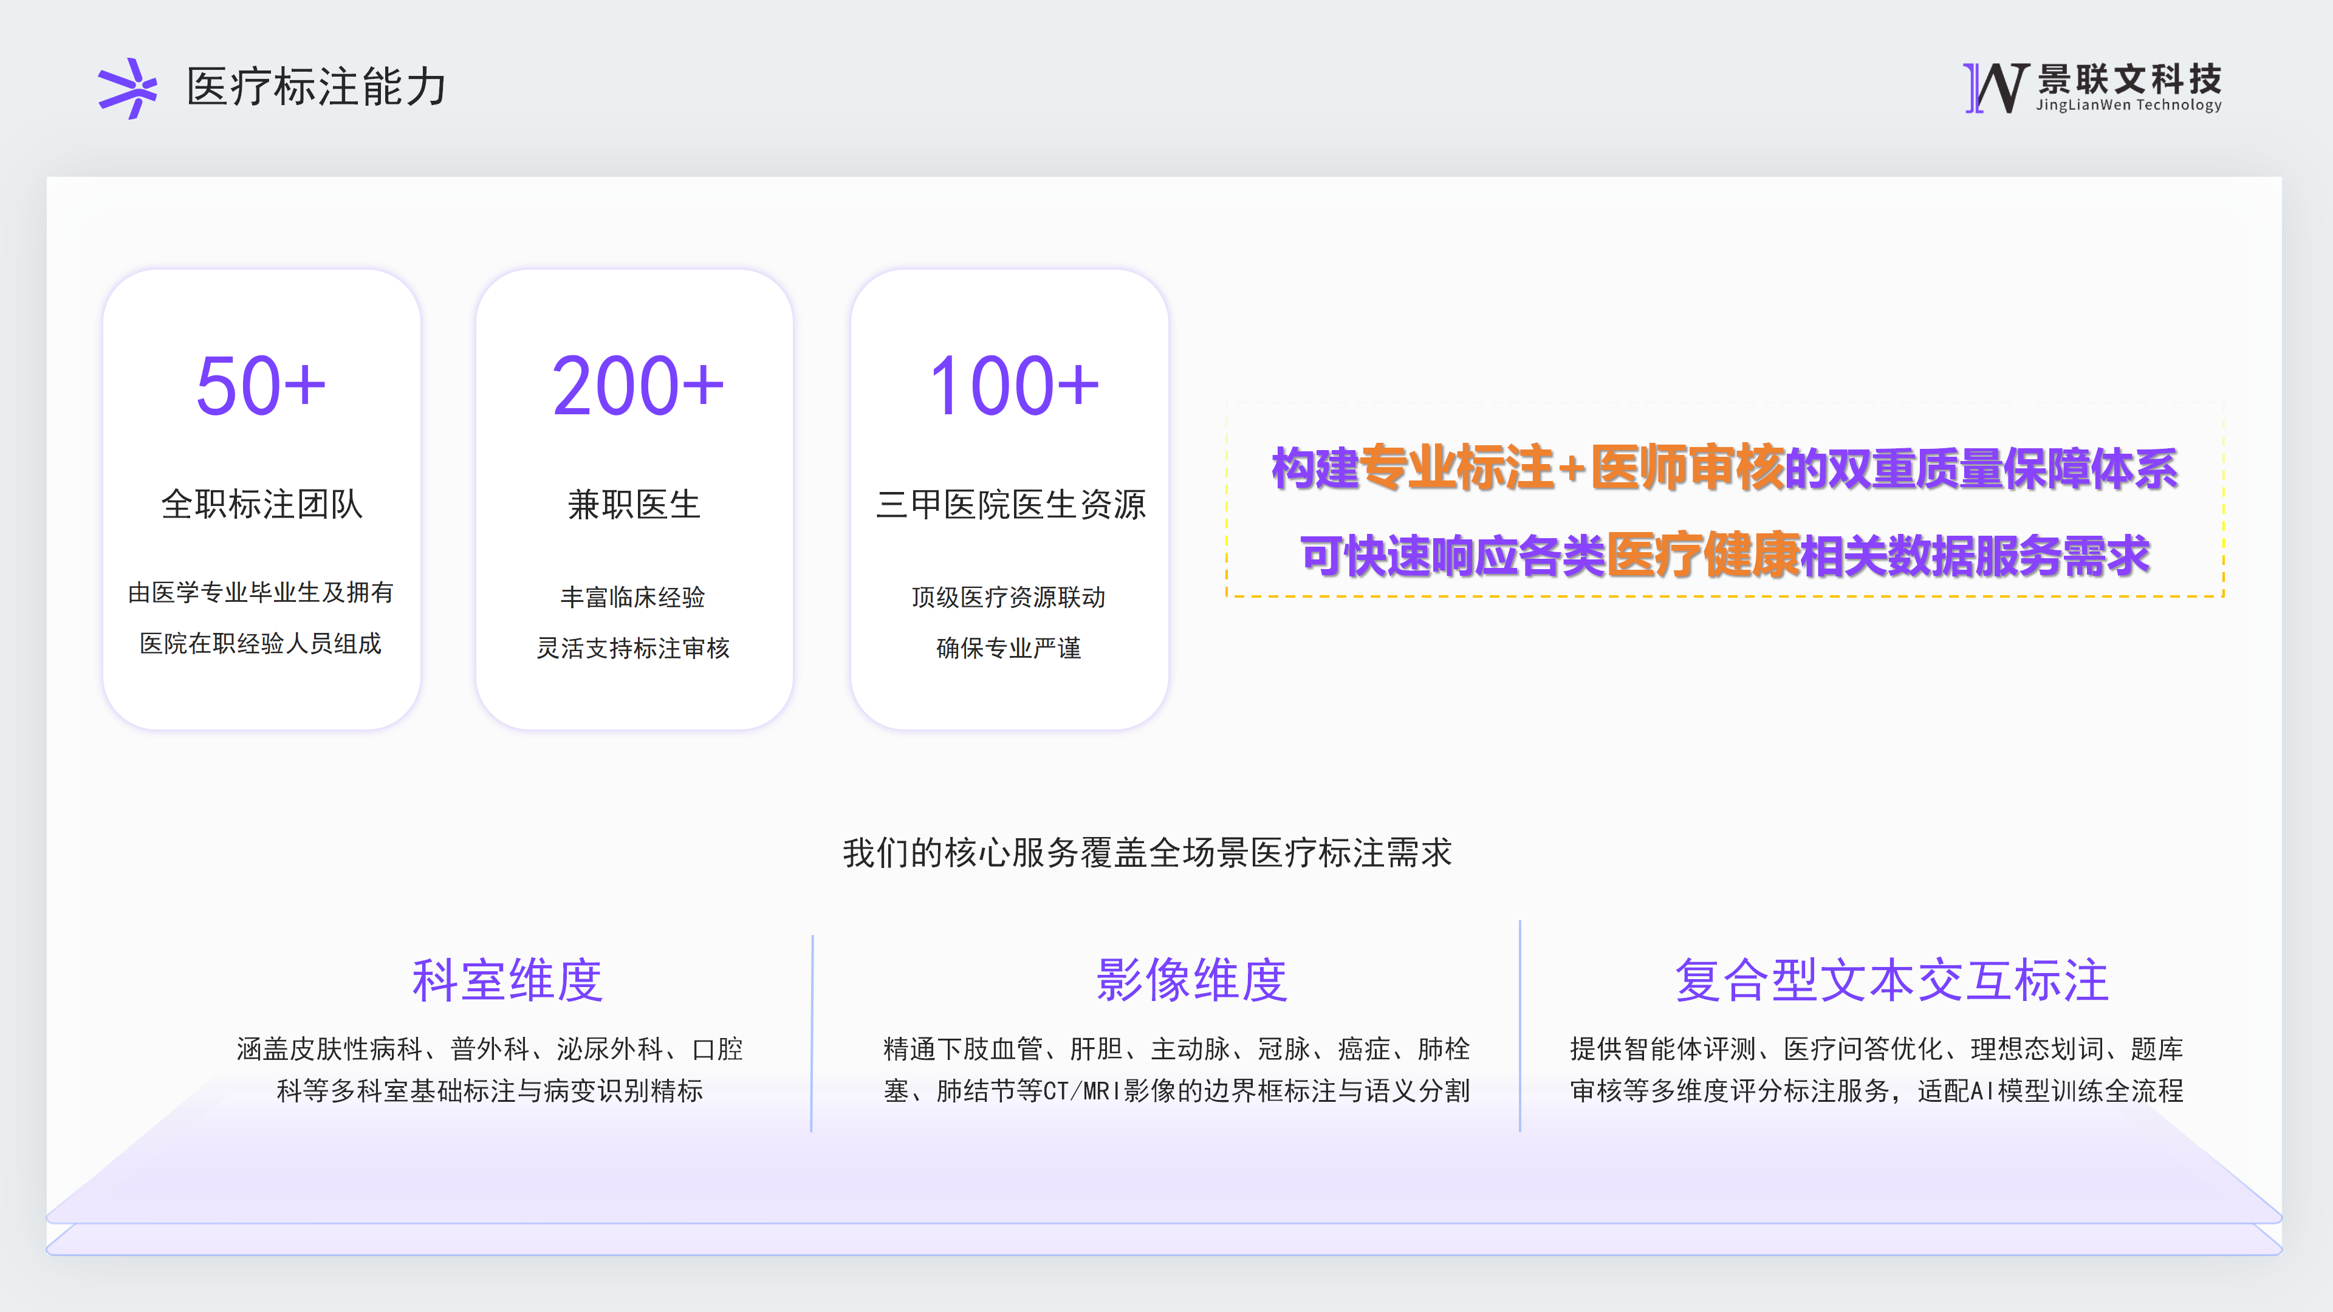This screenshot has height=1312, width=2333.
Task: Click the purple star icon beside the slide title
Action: tap(128, 89)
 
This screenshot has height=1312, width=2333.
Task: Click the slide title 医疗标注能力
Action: tap(316, 87)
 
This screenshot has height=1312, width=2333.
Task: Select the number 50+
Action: tap(261, 386)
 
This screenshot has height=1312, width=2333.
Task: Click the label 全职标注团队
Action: tap(262, 504)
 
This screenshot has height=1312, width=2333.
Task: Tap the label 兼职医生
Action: tap(634, 504)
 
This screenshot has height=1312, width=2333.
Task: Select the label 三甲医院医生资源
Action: tap(1011, 504)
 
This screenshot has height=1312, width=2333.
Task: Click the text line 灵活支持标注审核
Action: tap(633, 648)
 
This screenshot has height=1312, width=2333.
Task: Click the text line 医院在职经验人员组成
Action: tap(261, 644)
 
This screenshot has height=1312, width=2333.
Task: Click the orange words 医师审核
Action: tap(1687, 468)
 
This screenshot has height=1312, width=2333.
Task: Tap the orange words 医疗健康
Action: tap(1704, 555)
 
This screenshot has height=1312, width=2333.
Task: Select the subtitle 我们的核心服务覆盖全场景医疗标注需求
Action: tap(1148, 853)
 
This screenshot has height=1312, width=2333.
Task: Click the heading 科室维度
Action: tap(507, 980)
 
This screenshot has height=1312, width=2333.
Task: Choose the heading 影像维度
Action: tap(1192, 980)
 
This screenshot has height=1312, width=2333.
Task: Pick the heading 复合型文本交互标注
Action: tap(1892, 980)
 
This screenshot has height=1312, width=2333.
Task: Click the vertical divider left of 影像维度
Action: tap(812, 1033)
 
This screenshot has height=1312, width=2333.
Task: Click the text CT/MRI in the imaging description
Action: tap(1082, 1091)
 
